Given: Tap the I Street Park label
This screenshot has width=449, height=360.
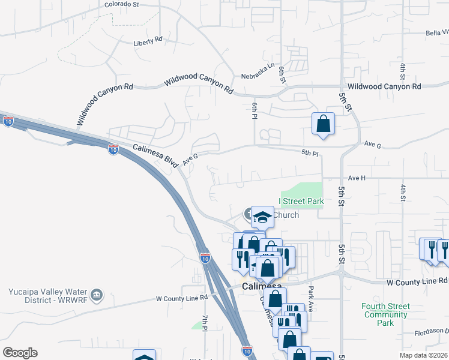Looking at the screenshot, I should click(x=301, y=201).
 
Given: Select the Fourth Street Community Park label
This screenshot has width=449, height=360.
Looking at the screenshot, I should click(x=385, y=314).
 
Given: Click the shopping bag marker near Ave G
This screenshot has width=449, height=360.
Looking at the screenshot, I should click(x=323, y=124).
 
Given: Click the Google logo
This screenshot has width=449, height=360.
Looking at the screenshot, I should click(x=20, y=353).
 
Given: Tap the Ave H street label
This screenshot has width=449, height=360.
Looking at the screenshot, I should click(x=357, y=178).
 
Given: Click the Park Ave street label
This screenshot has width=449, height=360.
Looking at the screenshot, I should click(x=310, y=293).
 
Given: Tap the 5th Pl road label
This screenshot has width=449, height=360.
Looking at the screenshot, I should click(x=310, y=154).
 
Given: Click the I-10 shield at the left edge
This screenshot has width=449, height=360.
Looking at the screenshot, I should click(x=8, y=122).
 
